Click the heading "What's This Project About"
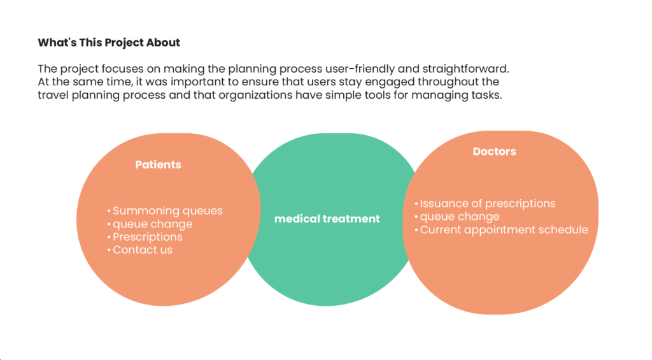(x=109, y=43)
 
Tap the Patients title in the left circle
(x=158, y=164)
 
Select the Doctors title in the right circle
(x=494, y=152)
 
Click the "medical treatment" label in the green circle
(x=327, y=219)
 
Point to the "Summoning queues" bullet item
(x=167, y=211)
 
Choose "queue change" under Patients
(x=153, y=224)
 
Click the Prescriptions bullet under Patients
(x=148, y=237)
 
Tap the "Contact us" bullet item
(x=142, y=250)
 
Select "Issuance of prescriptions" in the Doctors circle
(x=487, y=203)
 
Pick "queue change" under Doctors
(x=460, y=217)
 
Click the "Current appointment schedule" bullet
(x=504, y=230)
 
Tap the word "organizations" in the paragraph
(x=255, y=95)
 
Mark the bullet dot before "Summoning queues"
(x=109, y=211)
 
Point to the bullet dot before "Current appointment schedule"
(x=416, y=230)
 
